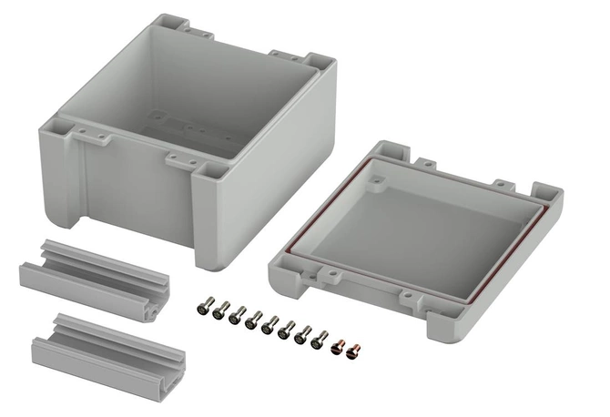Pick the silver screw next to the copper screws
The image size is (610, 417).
click(x=320, y=340)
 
